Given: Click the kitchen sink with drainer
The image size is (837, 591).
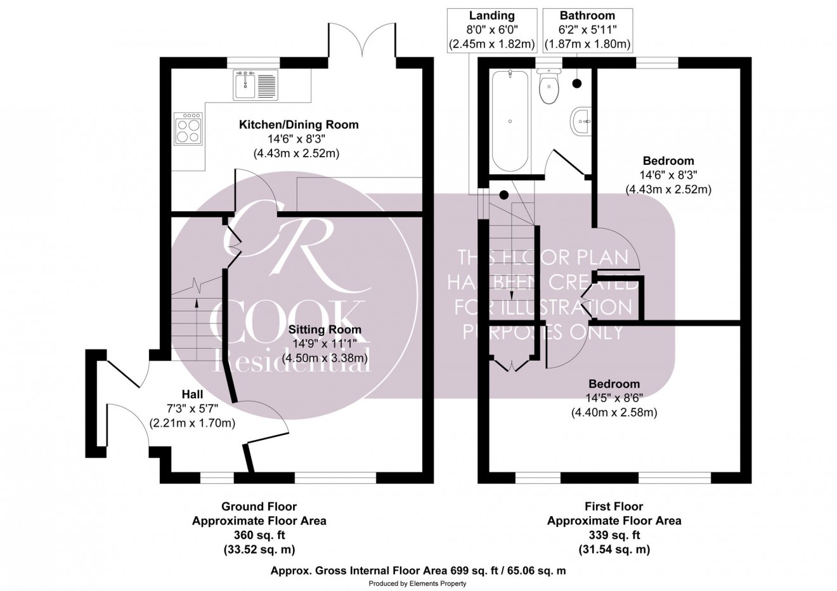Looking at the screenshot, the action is (x=256, y=85).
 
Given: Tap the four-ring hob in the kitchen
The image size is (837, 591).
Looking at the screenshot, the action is (x=188, y=129).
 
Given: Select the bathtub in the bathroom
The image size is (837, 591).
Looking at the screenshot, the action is (x=510, y=121).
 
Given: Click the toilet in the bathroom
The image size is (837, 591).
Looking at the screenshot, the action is (x=549, y=87).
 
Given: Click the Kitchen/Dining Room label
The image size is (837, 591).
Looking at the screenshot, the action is (x=299, y=124).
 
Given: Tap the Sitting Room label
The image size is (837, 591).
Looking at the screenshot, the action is (x=325, y=330).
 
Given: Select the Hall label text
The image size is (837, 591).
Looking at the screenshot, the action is (x=192, y=394).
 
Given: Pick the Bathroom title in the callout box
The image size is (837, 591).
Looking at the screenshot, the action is (x=587, y=16).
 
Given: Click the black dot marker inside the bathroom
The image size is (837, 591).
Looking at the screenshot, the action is (x=577, y=84).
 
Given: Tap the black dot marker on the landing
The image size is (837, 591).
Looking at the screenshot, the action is (x=504, y=195).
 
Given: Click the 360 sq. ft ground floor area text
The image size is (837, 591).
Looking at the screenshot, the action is (x=259, y=535).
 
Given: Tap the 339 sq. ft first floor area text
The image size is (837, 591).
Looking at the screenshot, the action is (x=614, y=535).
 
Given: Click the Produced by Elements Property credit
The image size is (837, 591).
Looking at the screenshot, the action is (x=417, y=583).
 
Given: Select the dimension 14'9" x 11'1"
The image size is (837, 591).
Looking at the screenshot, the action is (x=325, y=344).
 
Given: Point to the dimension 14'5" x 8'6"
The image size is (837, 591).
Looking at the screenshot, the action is (x=614, y=398).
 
